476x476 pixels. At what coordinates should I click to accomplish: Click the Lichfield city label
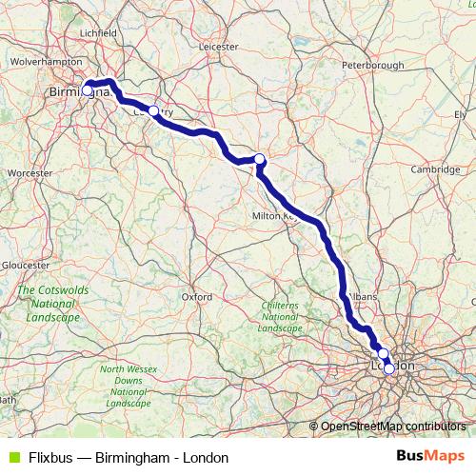click(x=98, y=31)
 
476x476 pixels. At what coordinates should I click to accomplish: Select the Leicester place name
click(x=218, y=45)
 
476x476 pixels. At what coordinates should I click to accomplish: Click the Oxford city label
click(x=196, y=296)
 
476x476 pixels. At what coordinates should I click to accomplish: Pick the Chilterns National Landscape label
click(x=280, y=315)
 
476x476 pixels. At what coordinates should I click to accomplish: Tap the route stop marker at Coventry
click(x=153, y=110)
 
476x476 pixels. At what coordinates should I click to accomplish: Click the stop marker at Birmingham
click(x=88, y=90)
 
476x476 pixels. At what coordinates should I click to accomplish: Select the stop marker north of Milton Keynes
click(x=259, y=159)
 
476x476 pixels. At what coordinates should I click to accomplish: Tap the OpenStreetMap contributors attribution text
click(x=393, y=426)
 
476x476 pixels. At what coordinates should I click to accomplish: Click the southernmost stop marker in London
click(x=388, y=368)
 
